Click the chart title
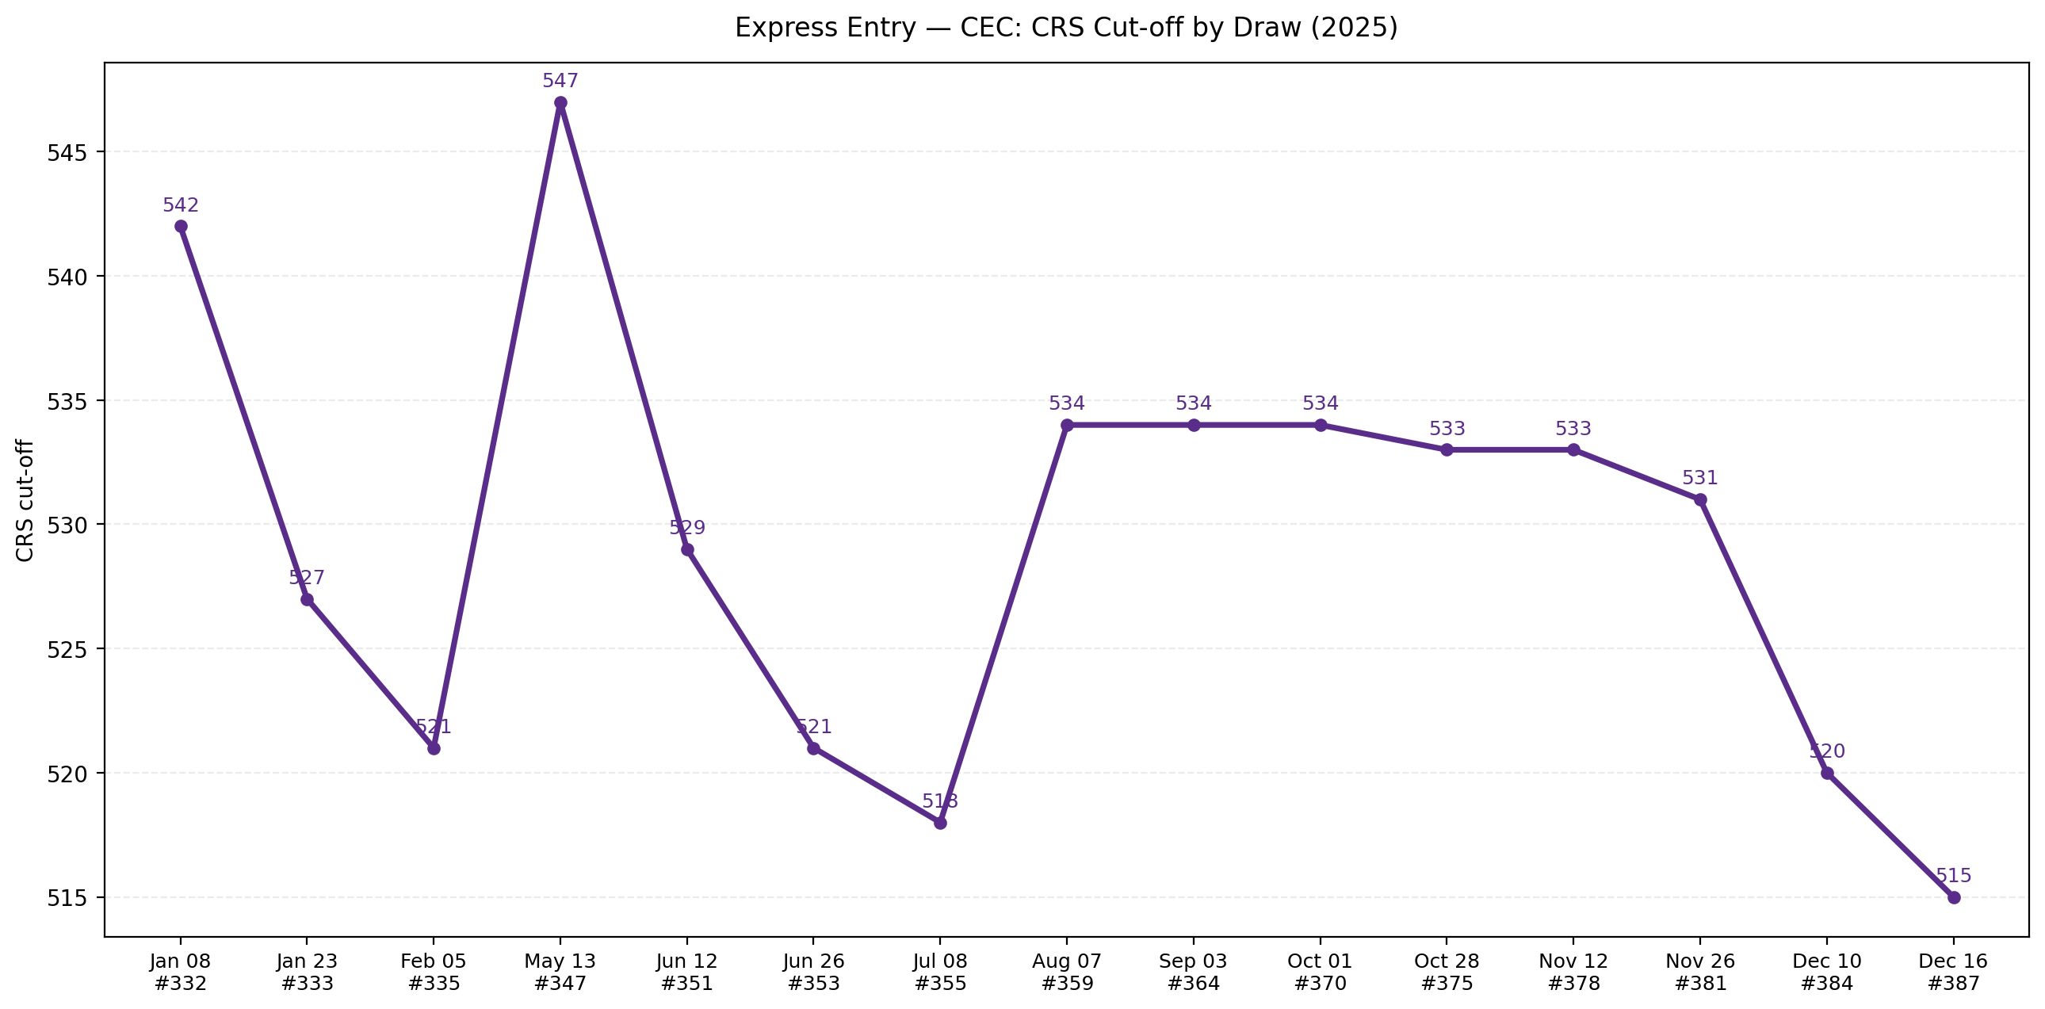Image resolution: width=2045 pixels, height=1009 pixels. click(x=1065, y=28)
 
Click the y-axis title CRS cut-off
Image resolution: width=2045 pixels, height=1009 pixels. click(x=25, y=500)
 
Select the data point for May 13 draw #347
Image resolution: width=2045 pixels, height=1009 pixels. click(x=560, y=102)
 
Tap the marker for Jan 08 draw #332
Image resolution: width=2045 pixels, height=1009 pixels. click(x=181, y=226)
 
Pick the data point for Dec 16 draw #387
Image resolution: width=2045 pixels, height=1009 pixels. click(x=1954, y=897)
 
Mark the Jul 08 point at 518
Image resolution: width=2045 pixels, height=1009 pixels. click(x=940, y=824)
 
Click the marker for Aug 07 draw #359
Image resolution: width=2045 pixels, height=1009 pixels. click(x=1067, y=426)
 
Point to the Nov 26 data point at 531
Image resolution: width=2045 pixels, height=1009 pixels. click(x=1700, y=500)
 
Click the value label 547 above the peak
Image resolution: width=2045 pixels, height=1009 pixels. click(x=560, y=81)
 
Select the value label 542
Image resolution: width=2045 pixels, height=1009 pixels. click(x=181, y=205)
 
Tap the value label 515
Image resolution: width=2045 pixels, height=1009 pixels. click(x=1954, y=876)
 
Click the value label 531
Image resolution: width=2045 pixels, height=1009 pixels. click(x=1700, y=478)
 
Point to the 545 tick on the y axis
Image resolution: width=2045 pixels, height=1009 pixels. click(x=67, y=152)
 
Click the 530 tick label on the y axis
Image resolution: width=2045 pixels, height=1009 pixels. click(x=67, y=525)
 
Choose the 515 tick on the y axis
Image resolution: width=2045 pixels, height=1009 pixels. click(x=67, y=898)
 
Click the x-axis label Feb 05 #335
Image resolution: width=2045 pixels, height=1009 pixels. click(x=434, y=972)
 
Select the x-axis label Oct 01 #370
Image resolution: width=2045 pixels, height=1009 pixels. click(x=1321, y=972)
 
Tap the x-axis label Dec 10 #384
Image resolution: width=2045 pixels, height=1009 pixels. click(x=1827, y=972)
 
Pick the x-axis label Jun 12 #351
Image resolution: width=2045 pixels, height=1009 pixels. click(x=686, y=972)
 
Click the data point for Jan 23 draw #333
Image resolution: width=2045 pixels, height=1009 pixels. click(x=308, y=599)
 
